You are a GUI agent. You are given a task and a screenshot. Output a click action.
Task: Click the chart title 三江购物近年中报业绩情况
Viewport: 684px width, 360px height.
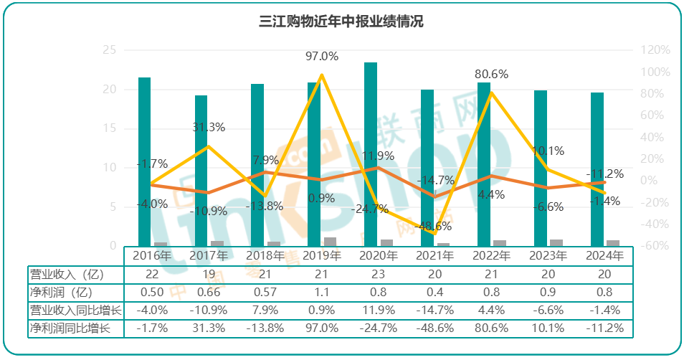341,22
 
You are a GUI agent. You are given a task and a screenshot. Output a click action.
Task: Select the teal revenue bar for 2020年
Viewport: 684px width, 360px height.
371,154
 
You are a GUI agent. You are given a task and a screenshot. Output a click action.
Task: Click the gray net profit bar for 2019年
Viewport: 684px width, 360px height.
330,242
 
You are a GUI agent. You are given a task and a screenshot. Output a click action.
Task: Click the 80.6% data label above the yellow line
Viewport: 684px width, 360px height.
491,74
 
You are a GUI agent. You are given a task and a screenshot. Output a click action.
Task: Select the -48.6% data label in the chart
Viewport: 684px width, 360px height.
434,226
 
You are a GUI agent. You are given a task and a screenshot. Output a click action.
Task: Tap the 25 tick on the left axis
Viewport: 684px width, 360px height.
110,50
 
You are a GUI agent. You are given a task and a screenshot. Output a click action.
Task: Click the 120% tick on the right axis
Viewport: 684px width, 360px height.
655,50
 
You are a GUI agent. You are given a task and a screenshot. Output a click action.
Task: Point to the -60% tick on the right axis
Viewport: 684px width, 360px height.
655,246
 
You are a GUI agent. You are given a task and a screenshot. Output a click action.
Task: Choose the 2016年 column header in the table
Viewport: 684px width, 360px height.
152,255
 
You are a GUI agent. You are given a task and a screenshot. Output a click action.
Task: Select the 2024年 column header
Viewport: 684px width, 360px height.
604,255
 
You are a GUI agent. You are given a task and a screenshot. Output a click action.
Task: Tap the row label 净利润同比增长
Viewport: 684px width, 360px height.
70,328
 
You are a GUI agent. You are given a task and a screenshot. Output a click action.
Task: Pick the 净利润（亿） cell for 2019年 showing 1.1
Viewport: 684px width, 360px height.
321,292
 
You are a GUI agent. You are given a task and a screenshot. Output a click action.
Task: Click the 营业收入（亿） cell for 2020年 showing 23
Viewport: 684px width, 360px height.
378,274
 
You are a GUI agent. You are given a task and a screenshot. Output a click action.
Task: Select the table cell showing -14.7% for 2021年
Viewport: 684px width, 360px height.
434,310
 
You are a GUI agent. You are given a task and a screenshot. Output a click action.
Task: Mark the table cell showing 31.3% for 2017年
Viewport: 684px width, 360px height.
209,328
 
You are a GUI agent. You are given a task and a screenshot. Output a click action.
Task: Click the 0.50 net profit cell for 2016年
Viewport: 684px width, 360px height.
152,292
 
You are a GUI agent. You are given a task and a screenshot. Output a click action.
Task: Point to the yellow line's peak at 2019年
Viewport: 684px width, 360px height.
322,75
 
